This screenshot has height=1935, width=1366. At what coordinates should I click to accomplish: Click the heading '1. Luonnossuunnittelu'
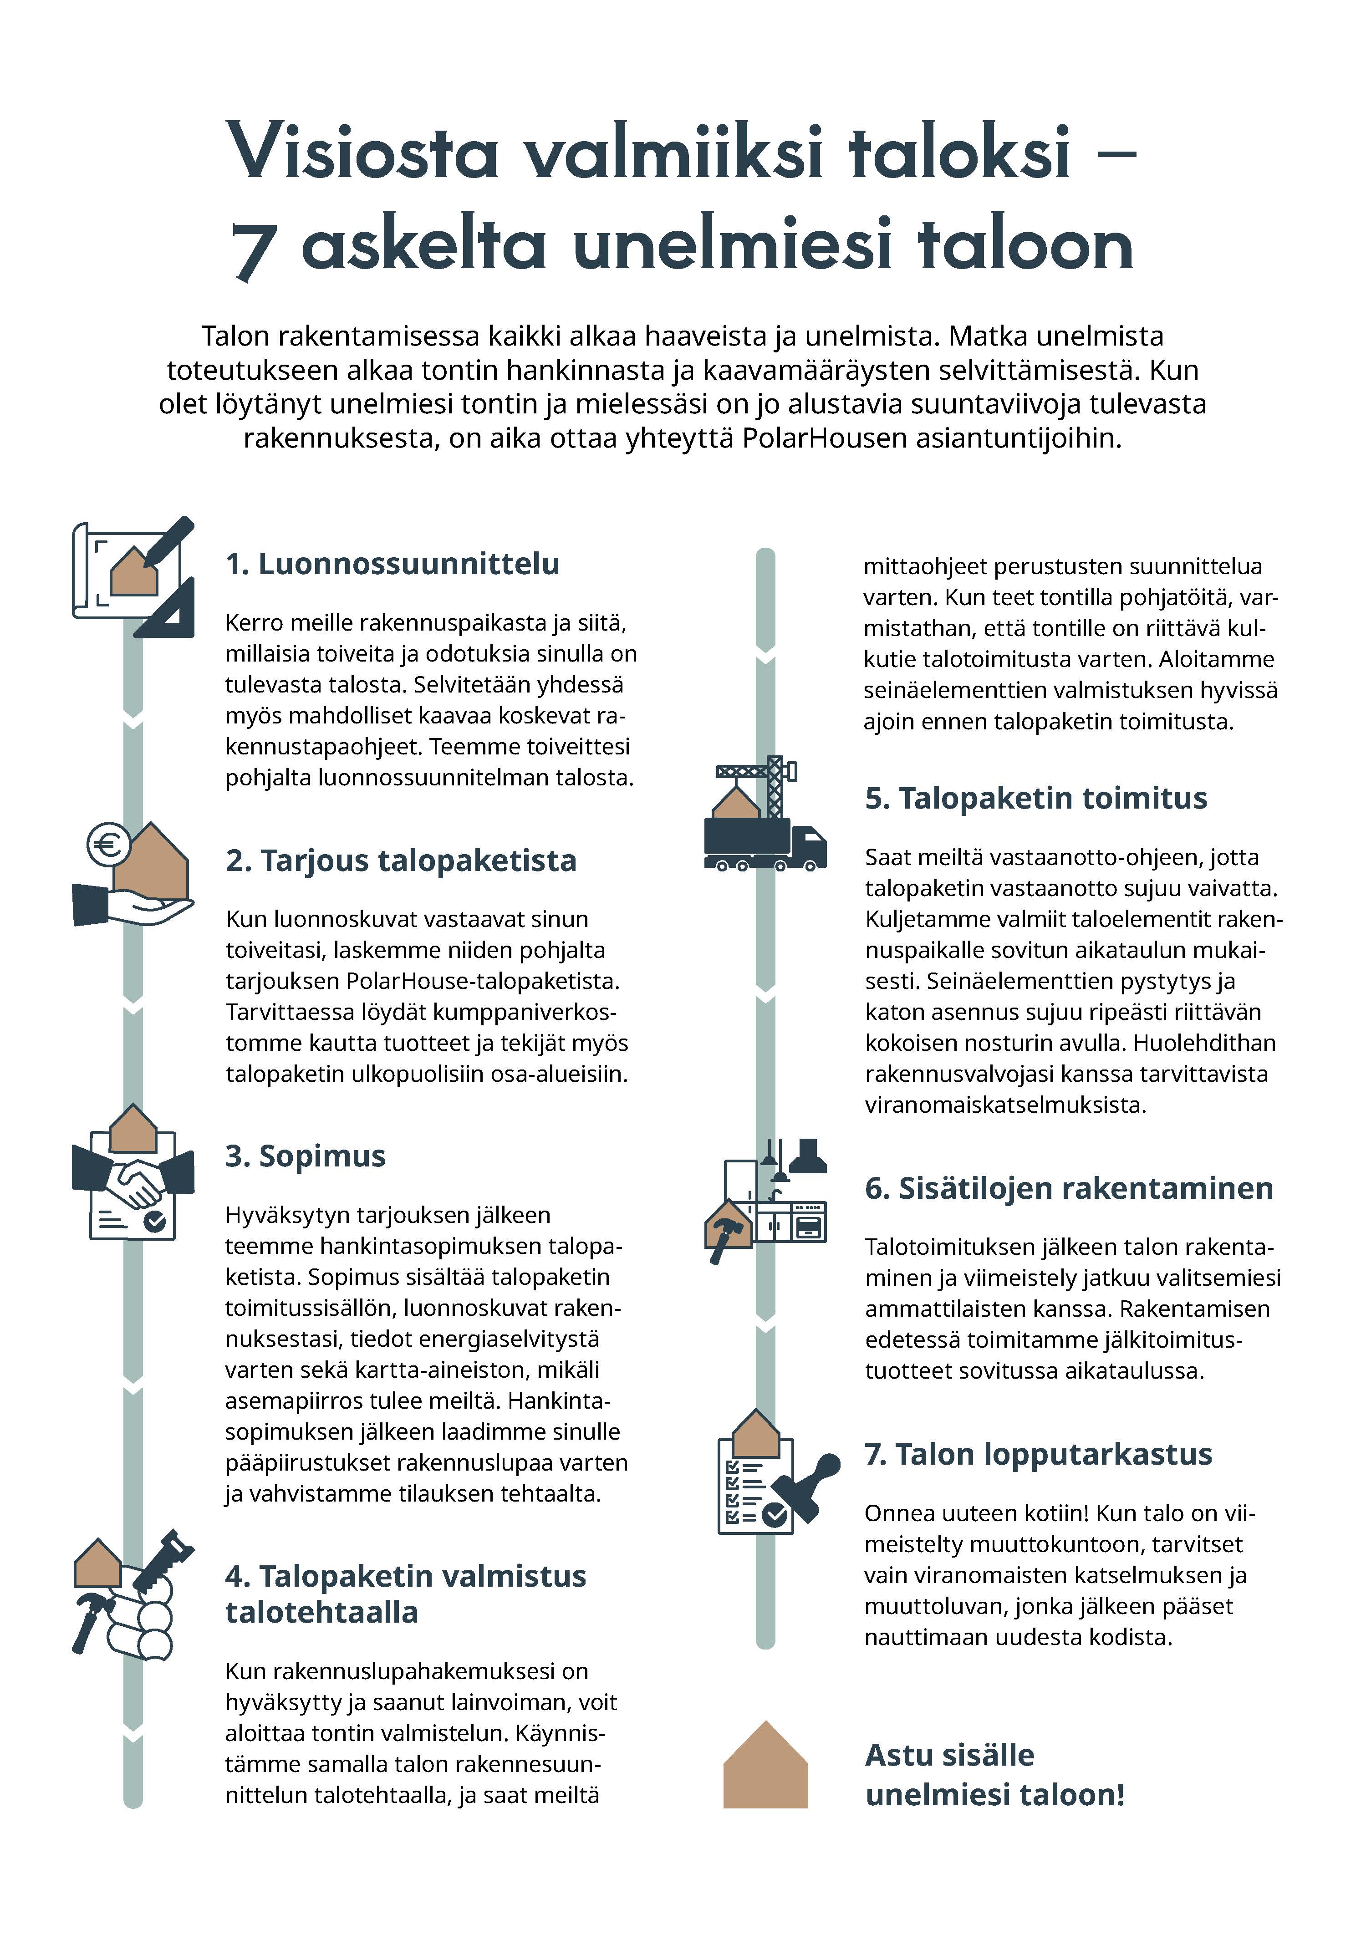click(392, 564)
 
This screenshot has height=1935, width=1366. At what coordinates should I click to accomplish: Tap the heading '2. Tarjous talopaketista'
click(401, 861)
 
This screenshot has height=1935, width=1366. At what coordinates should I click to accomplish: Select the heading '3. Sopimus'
click(305, 1156)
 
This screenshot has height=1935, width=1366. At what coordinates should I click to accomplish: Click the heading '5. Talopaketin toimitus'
click(1036, 798)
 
